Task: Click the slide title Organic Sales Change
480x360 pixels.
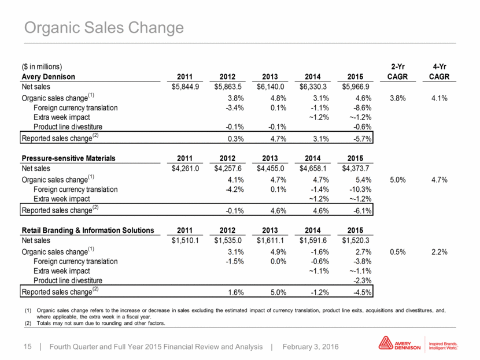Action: [x=104, y=28]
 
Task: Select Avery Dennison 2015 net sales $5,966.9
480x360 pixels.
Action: [x=356, y=87]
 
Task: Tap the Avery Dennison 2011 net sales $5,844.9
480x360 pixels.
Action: [x=185, y=87]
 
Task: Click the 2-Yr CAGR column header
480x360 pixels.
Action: [x=397, y=72]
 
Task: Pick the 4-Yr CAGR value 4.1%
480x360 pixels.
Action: [x=440, y=98]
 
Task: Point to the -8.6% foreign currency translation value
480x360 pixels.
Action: [x=363, y=107]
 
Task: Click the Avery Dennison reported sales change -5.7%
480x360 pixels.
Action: [x=363, y=139]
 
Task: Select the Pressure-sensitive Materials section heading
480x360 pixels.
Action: [x=69, y=158]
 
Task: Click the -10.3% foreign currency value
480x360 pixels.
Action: [x=361, y=190]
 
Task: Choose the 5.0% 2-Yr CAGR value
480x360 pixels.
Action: [x=398, y=180]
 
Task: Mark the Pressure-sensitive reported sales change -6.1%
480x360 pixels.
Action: [x=363, y=211]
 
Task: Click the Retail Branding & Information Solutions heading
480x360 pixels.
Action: [x=88, y=230]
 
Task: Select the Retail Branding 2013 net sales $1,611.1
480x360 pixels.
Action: [x=270, y=241]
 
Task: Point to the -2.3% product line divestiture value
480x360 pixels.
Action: [x=363, y=280]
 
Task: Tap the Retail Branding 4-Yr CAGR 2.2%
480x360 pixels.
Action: [x=440, y=252]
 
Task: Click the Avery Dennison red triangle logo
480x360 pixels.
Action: [x=386, y=343]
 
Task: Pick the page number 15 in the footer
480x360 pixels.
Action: [x=28, y=347]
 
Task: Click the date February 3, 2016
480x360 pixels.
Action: [x=311, y=347]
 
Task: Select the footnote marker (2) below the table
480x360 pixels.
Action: [x=28, y=323]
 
